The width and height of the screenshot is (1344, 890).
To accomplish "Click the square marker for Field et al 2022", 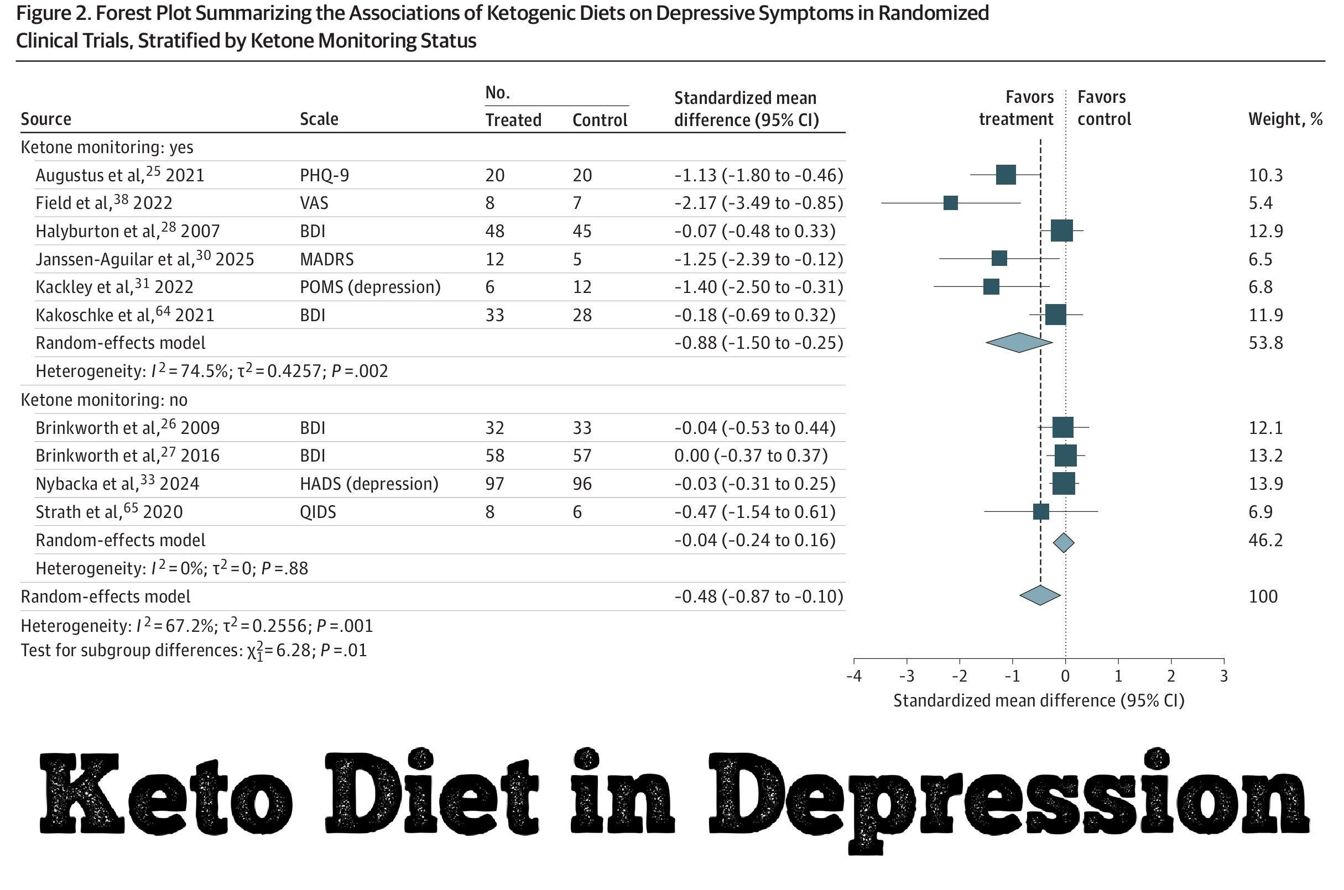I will [x=950, y=203].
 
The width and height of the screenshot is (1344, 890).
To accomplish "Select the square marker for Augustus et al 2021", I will [x=1006, y=175].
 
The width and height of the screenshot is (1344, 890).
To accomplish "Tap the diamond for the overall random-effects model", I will [x=1040, y=595].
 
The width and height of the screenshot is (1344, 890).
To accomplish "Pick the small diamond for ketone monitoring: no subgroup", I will [x=1064, y=543].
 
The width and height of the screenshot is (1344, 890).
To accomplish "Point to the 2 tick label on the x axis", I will [x=1171, y=676].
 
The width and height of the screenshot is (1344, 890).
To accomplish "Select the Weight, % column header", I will [x=1285, y=119].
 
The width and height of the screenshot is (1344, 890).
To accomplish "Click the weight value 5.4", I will [x=1260, y=203].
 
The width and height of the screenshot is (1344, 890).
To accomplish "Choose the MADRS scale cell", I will [x=326, y=259].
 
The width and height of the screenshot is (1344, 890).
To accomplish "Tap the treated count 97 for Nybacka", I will [x=494, y=484].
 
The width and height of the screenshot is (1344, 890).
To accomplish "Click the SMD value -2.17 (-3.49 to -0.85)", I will [x=759, y=203].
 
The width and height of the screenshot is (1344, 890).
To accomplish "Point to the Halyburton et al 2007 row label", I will [x=127, y=231].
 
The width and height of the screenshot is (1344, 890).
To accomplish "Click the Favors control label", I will [x=1104, y=108].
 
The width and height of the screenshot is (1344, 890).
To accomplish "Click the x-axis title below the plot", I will [x=1039, y=701].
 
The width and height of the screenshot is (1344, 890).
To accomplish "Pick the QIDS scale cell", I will [x=317, y=512].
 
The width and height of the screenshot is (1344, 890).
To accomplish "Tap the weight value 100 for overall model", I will [x=1263, y=596].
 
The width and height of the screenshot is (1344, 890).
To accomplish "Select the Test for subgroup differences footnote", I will [x=194, y=651].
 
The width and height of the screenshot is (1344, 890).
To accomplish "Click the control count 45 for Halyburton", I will [x=582, y=231].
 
